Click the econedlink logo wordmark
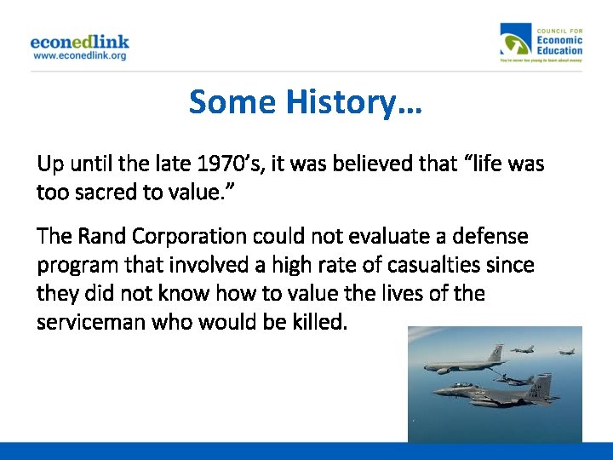point(79,41)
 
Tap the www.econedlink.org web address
point(79,56)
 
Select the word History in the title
point(353,102)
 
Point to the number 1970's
point(229,163)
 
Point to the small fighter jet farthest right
point(564,350)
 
